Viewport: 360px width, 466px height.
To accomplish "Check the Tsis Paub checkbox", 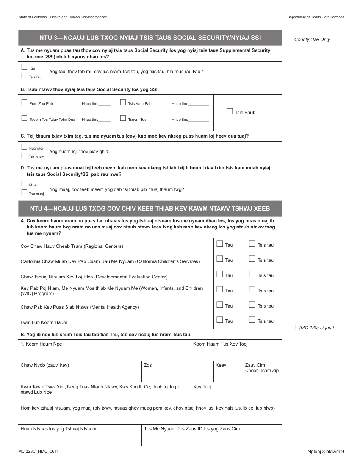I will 230,111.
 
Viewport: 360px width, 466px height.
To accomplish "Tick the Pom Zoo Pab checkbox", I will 24,102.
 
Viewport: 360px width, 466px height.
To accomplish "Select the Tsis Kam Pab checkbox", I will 123,102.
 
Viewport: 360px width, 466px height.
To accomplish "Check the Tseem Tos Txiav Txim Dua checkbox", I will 24,118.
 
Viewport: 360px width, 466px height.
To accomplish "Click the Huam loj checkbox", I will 24,147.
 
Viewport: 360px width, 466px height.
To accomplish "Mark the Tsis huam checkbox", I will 24,156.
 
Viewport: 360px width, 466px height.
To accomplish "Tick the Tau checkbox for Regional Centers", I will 219,244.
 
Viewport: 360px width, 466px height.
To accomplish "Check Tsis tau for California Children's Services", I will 252,259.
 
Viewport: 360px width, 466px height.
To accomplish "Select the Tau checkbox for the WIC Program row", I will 219,290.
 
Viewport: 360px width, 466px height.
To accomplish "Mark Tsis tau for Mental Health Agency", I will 252,305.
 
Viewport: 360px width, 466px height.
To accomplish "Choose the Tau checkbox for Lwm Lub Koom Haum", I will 219,320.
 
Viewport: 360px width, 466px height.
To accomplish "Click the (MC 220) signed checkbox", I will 293,327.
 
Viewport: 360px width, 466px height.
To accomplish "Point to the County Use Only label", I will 312,39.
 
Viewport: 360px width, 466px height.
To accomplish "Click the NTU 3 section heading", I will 150,38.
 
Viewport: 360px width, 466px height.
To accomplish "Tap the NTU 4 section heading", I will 150,209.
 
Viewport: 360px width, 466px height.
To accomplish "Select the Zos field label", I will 148,365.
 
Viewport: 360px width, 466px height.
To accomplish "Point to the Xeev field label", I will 221,365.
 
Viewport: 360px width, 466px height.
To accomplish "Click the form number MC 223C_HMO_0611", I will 38,452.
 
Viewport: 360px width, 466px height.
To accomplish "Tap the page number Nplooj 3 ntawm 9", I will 326,452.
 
